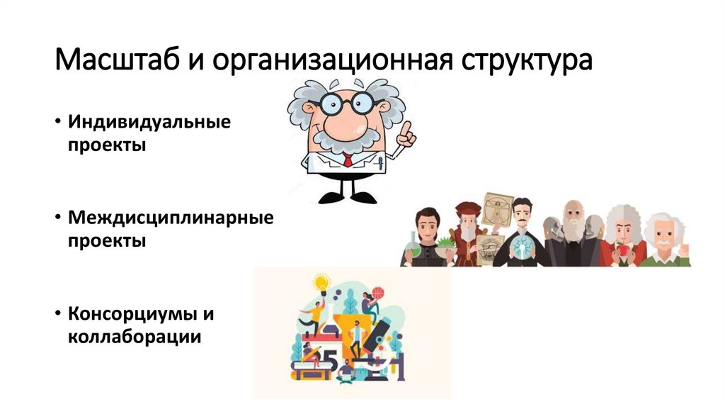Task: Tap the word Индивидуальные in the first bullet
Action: [x=149, y=121]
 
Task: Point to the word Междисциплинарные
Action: [x=171, y=216]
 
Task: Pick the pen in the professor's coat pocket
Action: [x=379, y=162]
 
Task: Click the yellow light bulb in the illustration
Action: [x=321, y=284]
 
